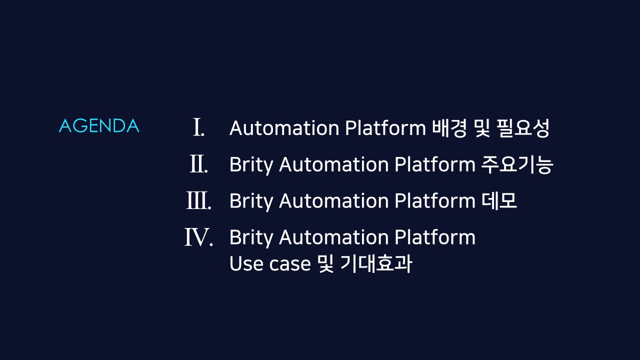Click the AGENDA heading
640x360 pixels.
click(x=99, y=126)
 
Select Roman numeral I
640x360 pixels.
click(x=198, y=128)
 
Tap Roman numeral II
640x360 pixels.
click(x=198, y=164)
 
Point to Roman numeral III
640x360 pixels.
click(x=198, y=201)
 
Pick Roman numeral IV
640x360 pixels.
click(x=198, y=237)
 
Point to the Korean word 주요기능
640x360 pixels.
click(x=517, y=165)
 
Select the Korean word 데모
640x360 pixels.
click(x=499, y=201)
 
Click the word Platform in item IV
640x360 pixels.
click(x=434, y=237)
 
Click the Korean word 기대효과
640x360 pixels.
click(x=376, y=264)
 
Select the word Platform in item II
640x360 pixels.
click(x=434, y=165)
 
